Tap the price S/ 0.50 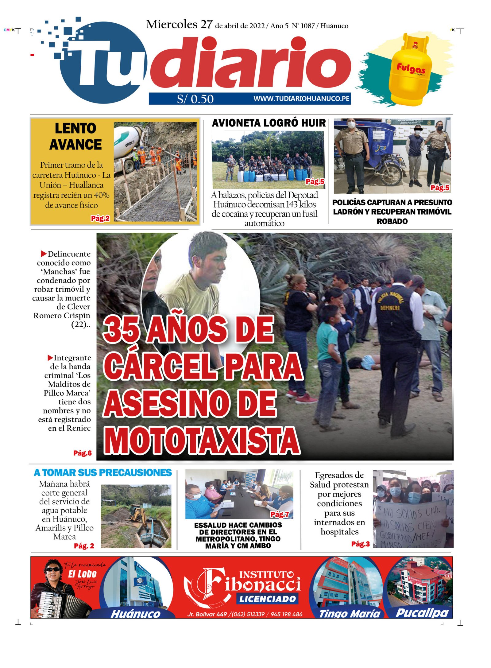195,99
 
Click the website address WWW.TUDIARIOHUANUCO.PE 301,99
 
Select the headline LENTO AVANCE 75,136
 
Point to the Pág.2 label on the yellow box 100,218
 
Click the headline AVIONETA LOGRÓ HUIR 269,123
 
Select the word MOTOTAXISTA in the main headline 202,440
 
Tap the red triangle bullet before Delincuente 44,254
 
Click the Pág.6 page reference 82,453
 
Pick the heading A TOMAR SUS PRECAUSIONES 102,472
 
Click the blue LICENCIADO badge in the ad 267,599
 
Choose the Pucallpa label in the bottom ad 422,613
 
